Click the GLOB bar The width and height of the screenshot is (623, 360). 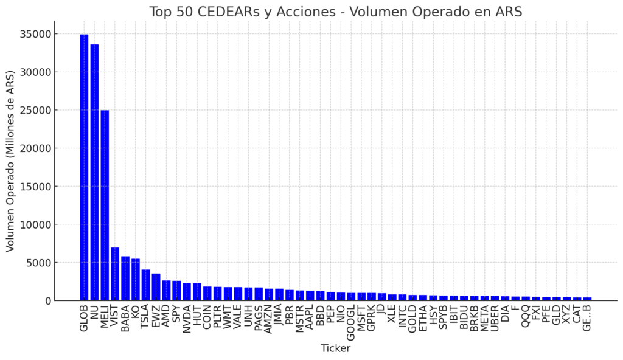tap(84, 167)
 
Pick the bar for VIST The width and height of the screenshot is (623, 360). tap(115, 274)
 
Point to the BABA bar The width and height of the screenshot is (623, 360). tap(125, 279)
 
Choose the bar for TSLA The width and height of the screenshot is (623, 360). tap(145, 285)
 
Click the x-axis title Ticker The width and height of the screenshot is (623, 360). tap(335, 348)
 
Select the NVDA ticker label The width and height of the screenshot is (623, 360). tap(187, 317)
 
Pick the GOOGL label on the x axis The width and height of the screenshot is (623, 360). tap(351, 320)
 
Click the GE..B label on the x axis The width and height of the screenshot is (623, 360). tap(587, 317)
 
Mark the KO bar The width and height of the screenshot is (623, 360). tap(136, 280)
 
